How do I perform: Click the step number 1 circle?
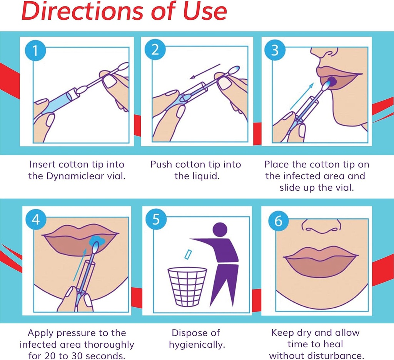[x=35, y=51]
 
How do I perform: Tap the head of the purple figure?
[x=220, y=230]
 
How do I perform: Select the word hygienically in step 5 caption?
[x=197, y=344]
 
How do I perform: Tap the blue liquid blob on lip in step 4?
[x=97, y=241]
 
